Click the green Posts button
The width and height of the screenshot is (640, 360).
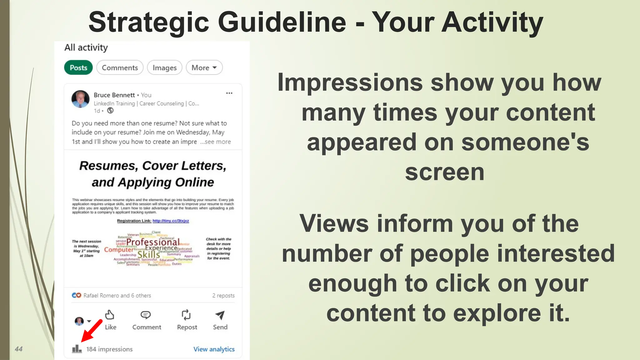tap(78, 68)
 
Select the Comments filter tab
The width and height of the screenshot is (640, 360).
tap(120, 68)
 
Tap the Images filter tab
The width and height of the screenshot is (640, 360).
tap(164, 68)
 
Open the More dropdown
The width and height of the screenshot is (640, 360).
tap(204, 68)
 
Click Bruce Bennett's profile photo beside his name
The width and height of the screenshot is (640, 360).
tap(80, 99)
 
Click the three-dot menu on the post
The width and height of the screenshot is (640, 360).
tap(229, 93)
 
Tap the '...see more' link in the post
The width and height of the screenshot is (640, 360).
tap(216, 142)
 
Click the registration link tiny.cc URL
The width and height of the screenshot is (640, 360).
tap(171, 221)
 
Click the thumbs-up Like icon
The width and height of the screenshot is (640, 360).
tap(110, 315)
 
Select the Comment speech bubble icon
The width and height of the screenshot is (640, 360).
tap(146, 315)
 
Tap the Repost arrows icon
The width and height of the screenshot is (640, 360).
tap(186, 315)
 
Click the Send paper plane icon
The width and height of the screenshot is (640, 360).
tap(220, 315)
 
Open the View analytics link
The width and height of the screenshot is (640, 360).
tap(214, 349)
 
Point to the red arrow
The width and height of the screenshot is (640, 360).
tap(92, 331)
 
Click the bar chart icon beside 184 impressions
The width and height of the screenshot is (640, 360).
tap(77, 349)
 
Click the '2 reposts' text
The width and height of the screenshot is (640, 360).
tap(223, 296)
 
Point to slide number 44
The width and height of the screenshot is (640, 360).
tap(19, 349)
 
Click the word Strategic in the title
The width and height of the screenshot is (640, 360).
tap(149, 22)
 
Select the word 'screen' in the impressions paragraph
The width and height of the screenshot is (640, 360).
tap(444, 172)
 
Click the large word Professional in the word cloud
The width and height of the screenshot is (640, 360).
tap(153, 242)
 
